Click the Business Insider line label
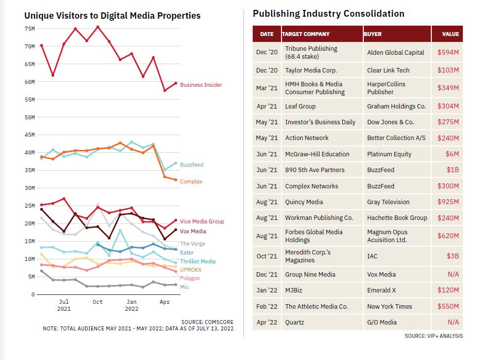pyautogui.click(x=201, y=85)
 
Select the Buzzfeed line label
pyautogui.click(x=191, y=165)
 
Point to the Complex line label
pyautogui.click(x=191, y=181)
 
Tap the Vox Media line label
pyautogui.click(x=193, y=231)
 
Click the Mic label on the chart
pyautogui.click(x=184, y=287)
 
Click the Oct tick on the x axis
pyautogui.click(x=98, y=302)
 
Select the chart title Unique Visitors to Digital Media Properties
pyautogui.click(x=112, y=16)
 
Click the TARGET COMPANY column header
pyautogui.click(x=306, y=34)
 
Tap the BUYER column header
pyautogui.click(x=373, y=34)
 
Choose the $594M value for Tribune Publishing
pyautogui.click(x=448, y=52)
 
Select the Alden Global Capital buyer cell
pyautogui.click(x=395, y=52)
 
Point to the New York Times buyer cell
pyautogui.click(x=389, y=306)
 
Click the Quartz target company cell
pyautogui.click(x=295, y=322)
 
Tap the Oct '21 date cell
pyautogui.click(x=267, y=256)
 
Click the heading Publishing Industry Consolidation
pyautogui.click(x=328, y=14)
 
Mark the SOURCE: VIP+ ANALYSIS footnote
pyautogui.click(x=434, y=336)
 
